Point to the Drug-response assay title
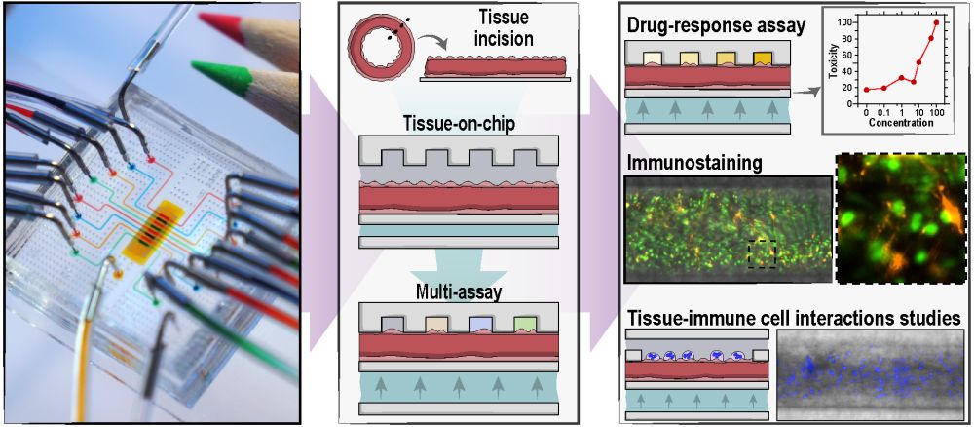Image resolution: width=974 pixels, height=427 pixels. click(x=716, y=26)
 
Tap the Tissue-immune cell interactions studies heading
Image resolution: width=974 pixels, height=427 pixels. click(x=795, y=319)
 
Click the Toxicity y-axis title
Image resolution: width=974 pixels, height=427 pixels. click(x=834, y=63)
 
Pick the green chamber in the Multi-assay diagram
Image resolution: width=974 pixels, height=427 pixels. click(x=525, y=324)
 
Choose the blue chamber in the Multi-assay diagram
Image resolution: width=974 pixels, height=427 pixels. click(x=480, y=324)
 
